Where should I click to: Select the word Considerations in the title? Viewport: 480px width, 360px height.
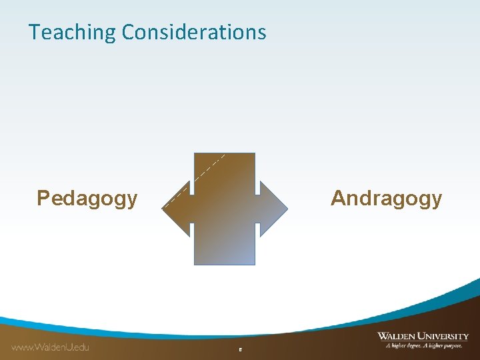(x=194, y=32)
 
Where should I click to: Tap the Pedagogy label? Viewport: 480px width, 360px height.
(x=87, y=199)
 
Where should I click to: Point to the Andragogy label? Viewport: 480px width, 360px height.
(x=386, y=199)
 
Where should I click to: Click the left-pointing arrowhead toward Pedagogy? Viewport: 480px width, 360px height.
(x=178, y=208)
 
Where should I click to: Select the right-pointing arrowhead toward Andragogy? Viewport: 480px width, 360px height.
(x=273, y=208)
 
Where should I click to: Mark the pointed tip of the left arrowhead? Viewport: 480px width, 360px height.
(x=163, y=209)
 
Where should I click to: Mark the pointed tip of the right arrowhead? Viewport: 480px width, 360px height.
(x=287, y=209)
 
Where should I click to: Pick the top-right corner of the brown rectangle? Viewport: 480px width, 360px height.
(x=255, y=154)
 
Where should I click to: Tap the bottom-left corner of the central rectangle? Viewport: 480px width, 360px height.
(x=195, y=265)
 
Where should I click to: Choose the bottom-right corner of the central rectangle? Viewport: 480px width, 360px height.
(x=255, y=265)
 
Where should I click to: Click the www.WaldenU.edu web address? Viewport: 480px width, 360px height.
(x=50, y=347)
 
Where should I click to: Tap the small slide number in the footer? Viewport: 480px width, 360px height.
(x=240, y=349)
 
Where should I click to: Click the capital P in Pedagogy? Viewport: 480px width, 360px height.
(x=43, y=199)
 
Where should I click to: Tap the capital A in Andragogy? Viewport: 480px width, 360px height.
(x=339, y=199)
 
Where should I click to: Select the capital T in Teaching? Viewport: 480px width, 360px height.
(x=34, y=33)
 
